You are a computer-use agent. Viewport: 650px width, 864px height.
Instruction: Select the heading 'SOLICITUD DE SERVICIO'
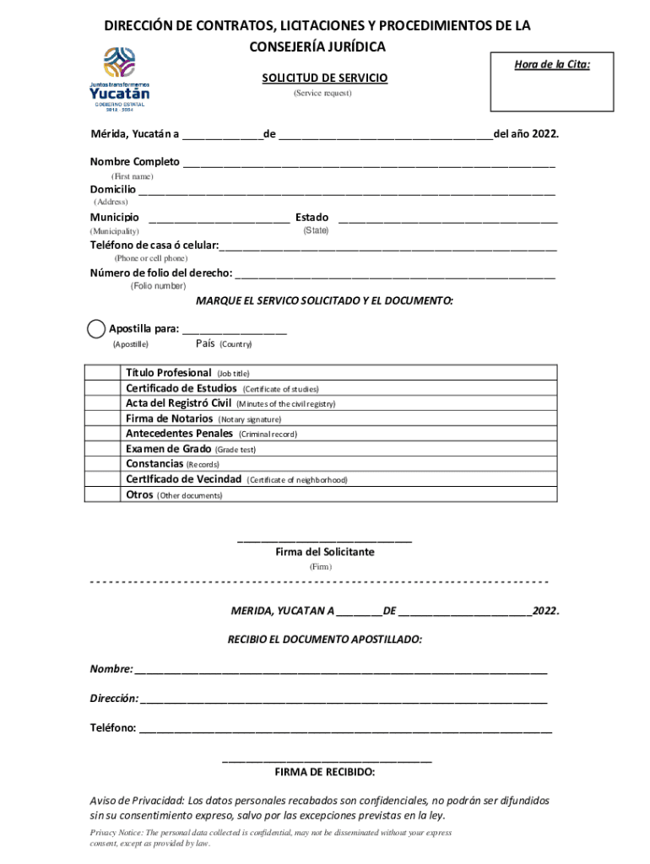coord(324,78)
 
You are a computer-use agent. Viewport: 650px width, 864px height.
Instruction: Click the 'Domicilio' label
coord(113,189)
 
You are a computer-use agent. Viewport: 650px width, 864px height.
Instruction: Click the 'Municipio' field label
coord(115,218)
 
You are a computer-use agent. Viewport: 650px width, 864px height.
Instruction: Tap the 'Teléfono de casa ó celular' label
coord(154,246)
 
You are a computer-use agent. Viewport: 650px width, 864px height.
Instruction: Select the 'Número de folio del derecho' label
coord(161,273)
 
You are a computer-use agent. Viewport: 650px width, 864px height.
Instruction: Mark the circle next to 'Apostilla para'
coord(97,329)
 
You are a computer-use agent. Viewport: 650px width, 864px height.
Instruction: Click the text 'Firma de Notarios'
coord(170,418)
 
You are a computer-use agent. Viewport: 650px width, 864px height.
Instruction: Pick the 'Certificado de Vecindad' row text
coord(183,479)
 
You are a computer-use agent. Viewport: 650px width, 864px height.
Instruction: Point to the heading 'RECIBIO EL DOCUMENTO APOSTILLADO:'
coord(324,640)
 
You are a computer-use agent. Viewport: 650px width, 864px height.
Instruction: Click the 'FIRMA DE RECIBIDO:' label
coord(325,772)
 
